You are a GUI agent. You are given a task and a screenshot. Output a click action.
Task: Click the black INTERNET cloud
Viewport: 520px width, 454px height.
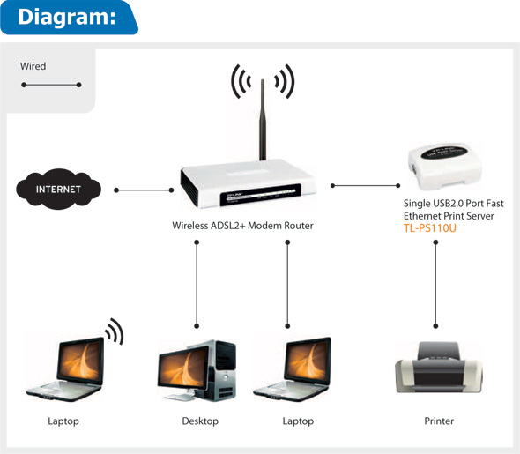[58, 189]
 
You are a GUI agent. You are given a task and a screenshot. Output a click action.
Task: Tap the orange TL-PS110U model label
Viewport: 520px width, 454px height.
[430, 228]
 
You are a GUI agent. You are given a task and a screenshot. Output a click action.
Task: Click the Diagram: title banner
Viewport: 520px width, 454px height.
[69, 18]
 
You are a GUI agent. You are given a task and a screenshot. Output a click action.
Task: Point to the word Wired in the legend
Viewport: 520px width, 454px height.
[33, 66]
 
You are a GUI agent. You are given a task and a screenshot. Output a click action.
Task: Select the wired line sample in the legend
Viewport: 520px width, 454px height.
[51, 85]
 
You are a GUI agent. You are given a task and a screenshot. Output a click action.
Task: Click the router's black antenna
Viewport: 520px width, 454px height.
[263, 120]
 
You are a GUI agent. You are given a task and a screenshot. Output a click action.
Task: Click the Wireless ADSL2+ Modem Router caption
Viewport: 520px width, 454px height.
[242, 226]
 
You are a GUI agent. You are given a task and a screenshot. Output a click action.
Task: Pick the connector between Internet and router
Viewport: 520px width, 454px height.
[144, 190]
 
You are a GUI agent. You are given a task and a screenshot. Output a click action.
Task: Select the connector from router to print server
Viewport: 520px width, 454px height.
[365, 186]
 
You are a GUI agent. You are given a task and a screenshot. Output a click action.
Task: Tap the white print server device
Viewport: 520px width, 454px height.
[444, 167]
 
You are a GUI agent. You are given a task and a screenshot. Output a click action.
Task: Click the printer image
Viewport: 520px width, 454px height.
[439, 368]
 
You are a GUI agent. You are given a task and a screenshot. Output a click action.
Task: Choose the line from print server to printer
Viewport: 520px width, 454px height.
[435, 284]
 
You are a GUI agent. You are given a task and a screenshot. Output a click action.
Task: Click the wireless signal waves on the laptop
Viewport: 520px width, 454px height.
[115, 331]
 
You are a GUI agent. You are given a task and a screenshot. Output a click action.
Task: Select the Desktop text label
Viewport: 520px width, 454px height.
[200, 421]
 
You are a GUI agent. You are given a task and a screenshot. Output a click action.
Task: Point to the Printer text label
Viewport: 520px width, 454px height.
[439, 421]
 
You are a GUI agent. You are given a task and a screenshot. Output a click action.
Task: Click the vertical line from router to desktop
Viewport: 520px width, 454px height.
[197, 284]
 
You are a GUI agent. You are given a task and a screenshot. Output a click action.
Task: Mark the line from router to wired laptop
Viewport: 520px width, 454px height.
[287, 284]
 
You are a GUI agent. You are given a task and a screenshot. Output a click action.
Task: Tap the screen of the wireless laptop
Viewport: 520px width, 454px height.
[80, 361]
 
